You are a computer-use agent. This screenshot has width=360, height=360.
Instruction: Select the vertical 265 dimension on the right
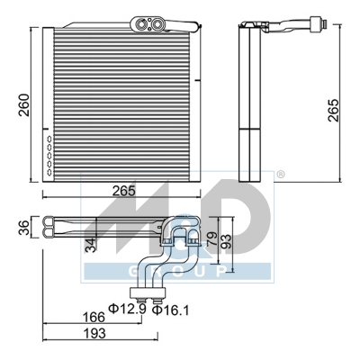point(334,108)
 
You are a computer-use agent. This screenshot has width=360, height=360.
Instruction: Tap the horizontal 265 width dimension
point(124,191)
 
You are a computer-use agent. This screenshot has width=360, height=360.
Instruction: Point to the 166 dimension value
point(94,316)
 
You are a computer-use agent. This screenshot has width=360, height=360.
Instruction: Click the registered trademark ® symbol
point(280,173)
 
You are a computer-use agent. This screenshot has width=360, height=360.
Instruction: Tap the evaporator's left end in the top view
point(40,230)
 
